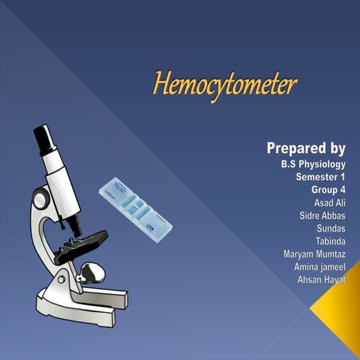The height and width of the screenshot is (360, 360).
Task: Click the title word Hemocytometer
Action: coord(224,84)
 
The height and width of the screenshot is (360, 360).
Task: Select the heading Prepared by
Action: coord(306,148)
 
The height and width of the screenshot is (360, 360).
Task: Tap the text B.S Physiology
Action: coord(308,164)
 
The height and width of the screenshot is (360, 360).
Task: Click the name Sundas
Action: coord(331,229)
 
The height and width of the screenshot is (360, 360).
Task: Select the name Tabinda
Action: coord(331,241)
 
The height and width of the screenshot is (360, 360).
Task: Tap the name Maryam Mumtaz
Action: coord(314,254)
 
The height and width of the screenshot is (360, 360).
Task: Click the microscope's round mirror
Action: coord(91,269)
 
